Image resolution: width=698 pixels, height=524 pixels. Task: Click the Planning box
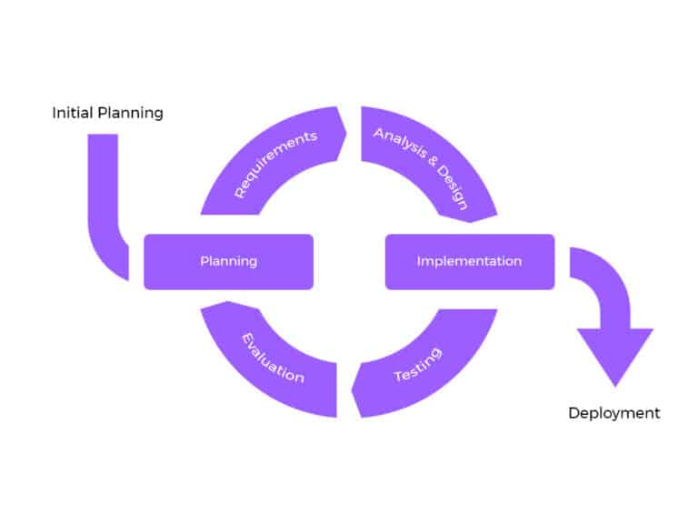(228, 262)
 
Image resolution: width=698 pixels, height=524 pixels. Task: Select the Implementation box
(469, 262)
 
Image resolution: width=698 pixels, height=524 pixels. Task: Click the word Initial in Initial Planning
(71, 114)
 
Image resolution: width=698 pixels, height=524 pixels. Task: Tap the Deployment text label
(614, 413)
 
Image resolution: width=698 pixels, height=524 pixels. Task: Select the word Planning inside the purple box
(228, 262)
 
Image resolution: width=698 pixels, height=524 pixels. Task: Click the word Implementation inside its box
(469, 262)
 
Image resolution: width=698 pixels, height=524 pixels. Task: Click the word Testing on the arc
(418, 364)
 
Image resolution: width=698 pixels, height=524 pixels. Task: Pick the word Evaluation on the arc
(273, 358)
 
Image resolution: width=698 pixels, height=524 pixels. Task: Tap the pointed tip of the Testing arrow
(354, 392)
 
